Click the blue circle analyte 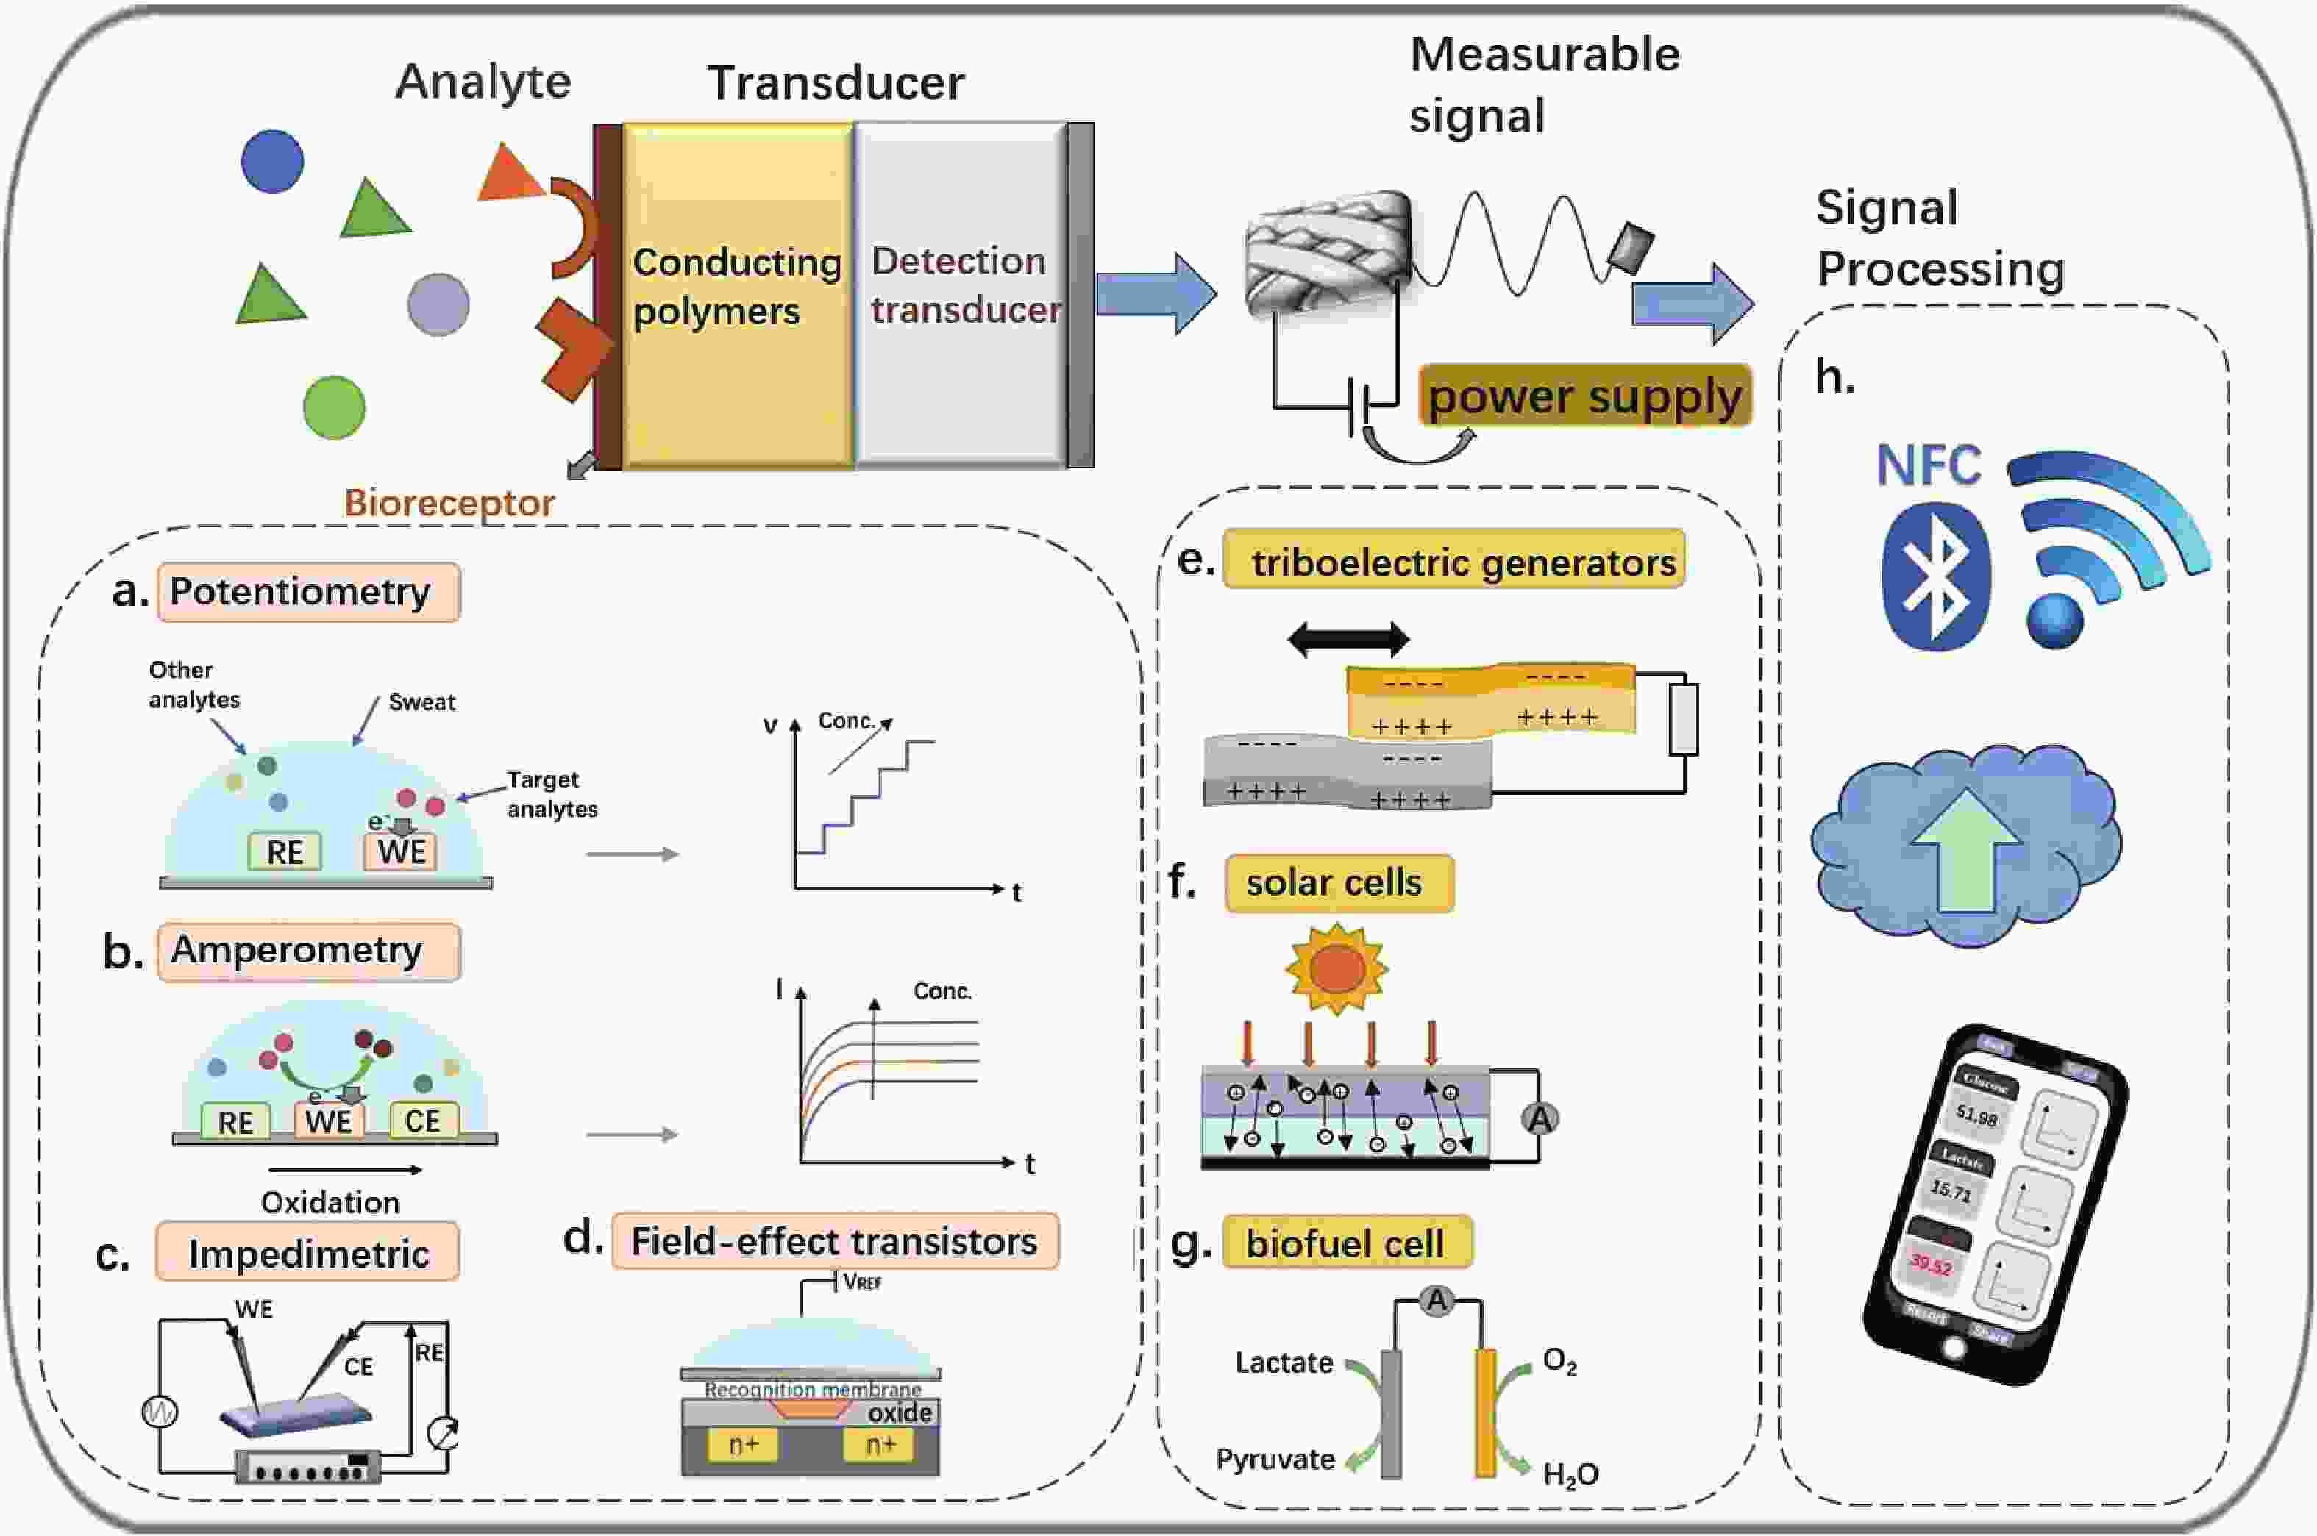pyautogui.click(x=272, y=160)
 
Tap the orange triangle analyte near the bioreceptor pyautogui.click(x=508, y=177)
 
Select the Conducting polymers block pyautogui.click(x=737, y=294)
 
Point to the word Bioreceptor pyautogui.click(x=449, y=502)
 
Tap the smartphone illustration pyautogui.click(x=1993, y=1205)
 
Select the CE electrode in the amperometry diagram pyautogui.click(x=422, y=1121)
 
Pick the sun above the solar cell pyautogui.click(x=1337, y=968)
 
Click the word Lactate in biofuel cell pyautogui.click(x=1284, y=1362)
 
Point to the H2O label pyautogui.click(x=1570, y=1474)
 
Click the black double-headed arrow pyautogui.click(x=1348, y=640)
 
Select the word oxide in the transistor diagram pyautogui.click(x=900, y=1412)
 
